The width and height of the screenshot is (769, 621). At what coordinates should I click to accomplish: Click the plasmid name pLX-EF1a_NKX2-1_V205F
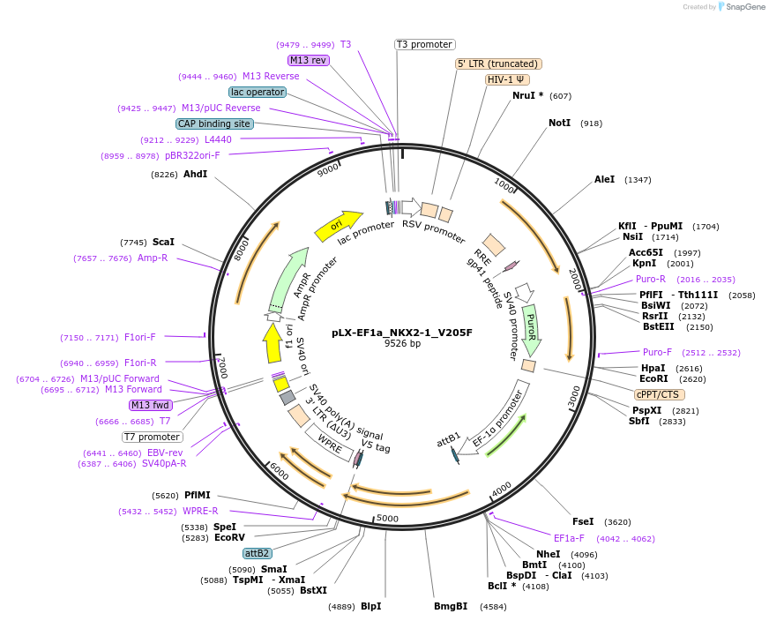[402, 333]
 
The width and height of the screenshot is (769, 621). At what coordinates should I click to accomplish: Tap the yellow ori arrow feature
[339, 225]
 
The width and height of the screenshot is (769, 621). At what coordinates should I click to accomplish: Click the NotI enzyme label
[559, 123]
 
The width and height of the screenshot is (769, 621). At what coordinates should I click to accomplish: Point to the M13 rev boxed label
[308, 60]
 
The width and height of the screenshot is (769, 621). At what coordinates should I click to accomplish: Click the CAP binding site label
[214, 124]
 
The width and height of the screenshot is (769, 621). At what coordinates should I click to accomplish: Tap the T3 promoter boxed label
[424, 44]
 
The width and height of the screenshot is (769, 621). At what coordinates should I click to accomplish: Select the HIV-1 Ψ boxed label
[507, 79]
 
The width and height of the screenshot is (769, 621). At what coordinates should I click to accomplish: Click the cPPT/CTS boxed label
[657, 394]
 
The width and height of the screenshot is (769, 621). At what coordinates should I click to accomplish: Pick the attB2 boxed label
[258, 553]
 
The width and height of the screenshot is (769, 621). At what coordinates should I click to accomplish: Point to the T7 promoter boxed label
[152, 437]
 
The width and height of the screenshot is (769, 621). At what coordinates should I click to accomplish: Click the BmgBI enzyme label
[451, 607]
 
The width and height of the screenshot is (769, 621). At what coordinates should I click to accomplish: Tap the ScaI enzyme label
[163, 242]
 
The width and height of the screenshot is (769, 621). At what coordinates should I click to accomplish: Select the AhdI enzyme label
[195, 174]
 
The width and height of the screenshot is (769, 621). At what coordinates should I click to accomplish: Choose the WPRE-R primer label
[200, 511]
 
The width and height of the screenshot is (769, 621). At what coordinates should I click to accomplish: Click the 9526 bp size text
[402, 344]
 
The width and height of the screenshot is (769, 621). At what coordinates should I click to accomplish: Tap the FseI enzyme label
[583, 521]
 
